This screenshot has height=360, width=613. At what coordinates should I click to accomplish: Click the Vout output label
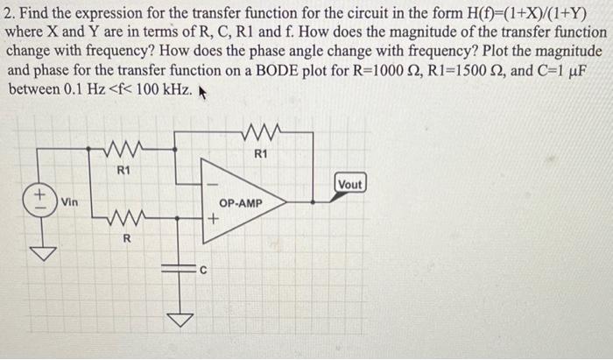(x=349, y=185)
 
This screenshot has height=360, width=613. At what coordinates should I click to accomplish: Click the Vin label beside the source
(x=69, y=202)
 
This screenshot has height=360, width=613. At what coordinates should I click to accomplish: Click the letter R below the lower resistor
(x=127, y=239)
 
